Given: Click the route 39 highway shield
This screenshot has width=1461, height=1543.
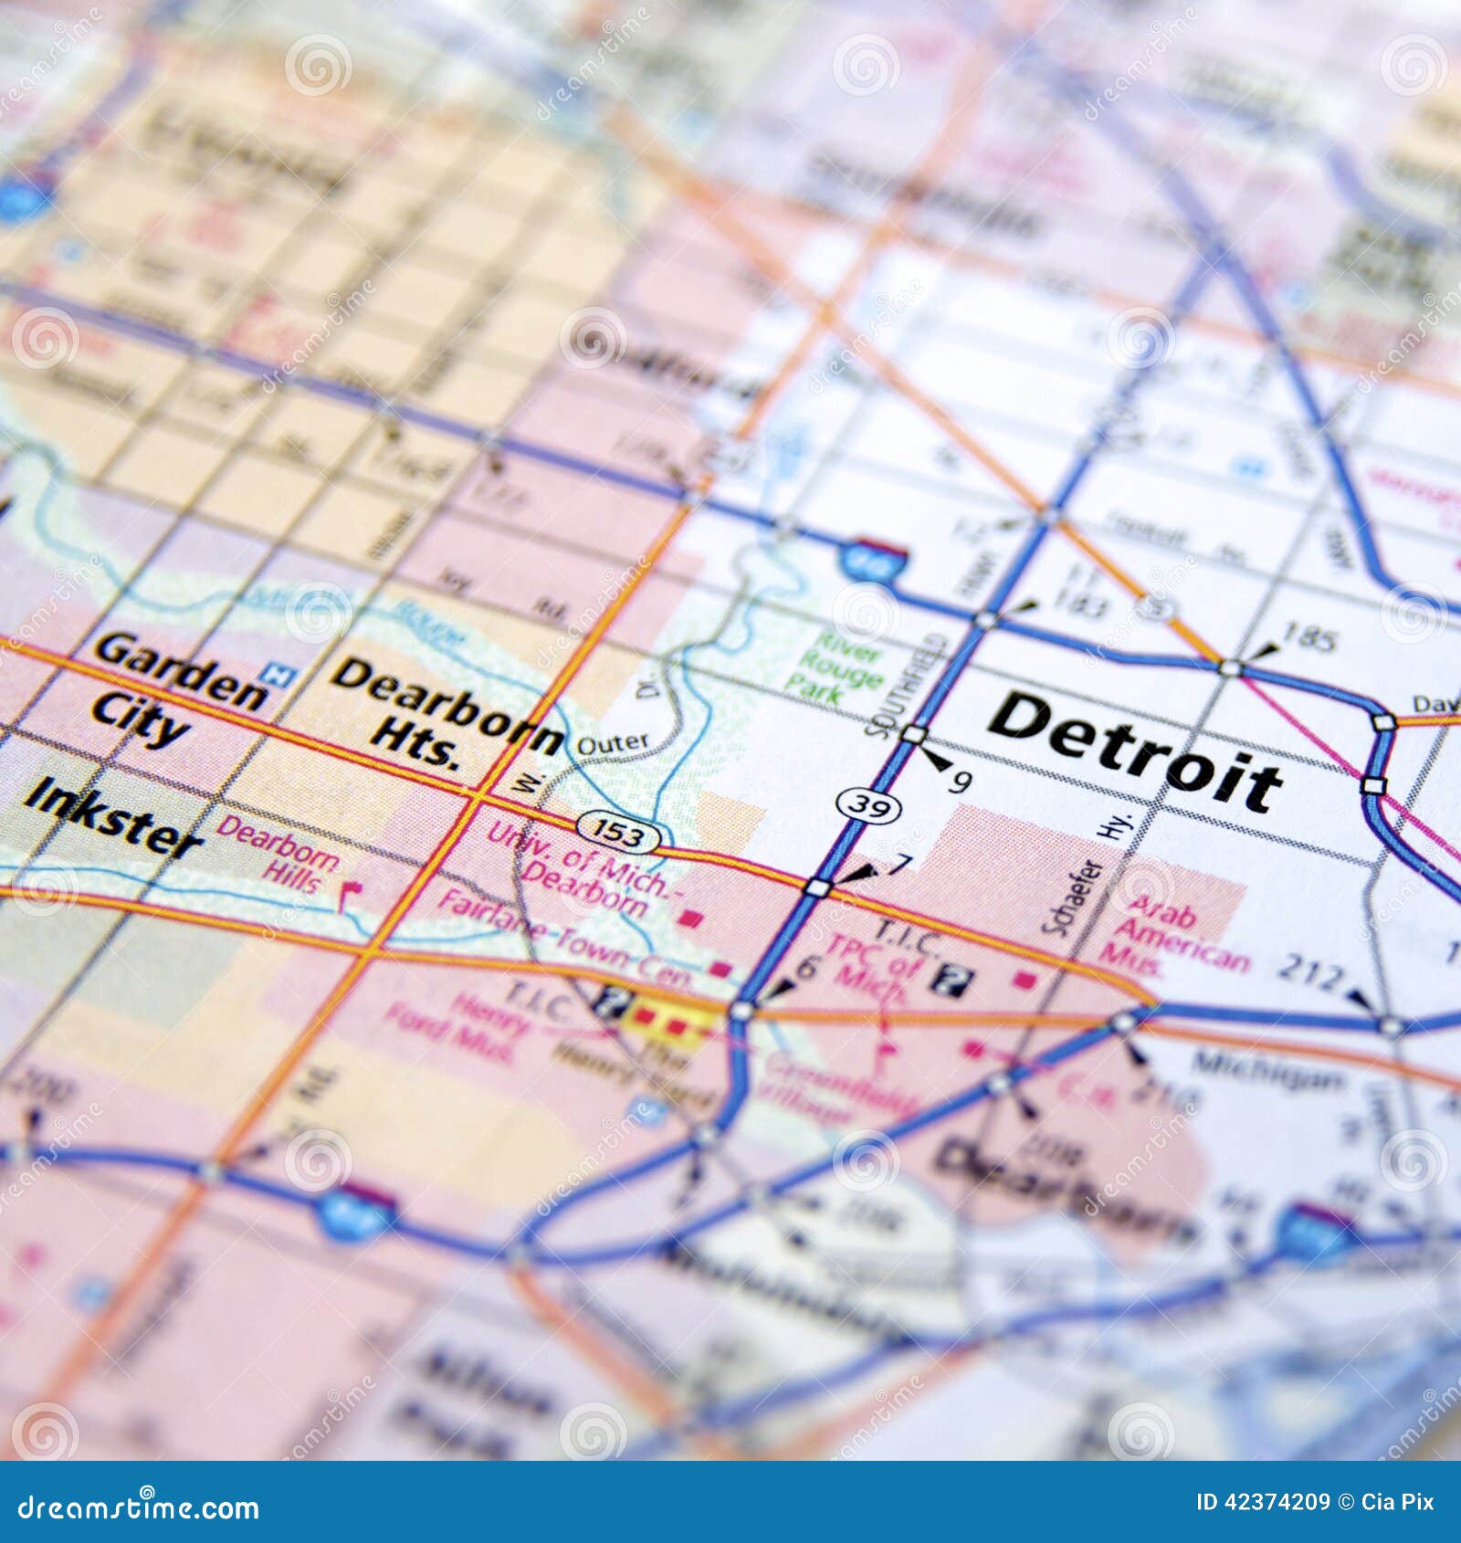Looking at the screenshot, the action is click(868, 805).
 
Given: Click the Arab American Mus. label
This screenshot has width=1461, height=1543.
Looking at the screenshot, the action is click(1174, 935).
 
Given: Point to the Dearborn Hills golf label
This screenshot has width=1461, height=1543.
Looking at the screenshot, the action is click(279, 855).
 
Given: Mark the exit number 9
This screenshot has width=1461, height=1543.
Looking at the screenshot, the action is click(961, 781).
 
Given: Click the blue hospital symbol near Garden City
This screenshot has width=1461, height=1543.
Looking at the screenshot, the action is click(278, 675).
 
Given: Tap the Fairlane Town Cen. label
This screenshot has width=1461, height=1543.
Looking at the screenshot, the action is click(565, 940).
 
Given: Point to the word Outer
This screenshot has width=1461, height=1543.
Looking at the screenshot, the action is click(613, 744).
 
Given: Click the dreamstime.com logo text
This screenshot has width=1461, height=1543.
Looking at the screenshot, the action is click(138, 1507).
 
